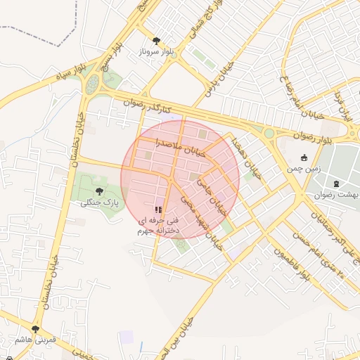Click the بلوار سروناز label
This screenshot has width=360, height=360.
click(x=155, y=52)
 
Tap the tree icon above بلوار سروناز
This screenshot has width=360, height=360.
click(x=155, y=41)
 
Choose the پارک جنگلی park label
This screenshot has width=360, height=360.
click(x=98, y=202)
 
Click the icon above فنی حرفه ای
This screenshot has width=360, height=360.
click(x=159, y=209)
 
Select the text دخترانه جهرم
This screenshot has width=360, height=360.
click(x=159, y=229)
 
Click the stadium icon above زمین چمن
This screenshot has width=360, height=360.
click(x=304, y=157)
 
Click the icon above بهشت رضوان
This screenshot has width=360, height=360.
click(x=335, y=184)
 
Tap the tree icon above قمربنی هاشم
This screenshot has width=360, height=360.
click(x=35, y=328)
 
